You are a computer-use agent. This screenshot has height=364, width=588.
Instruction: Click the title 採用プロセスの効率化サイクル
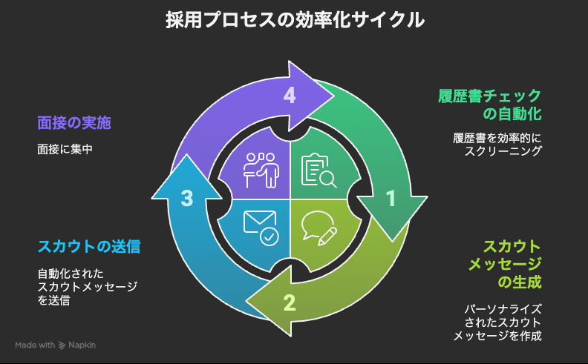click(294, 20)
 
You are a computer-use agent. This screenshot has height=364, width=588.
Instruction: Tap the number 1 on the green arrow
click(391, 198)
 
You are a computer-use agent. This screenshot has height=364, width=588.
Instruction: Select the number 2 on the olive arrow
click(290, 302)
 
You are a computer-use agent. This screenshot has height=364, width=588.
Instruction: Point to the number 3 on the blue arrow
click(187, 198)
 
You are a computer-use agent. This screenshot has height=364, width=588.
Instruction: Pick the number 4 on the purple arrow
click(290, 95)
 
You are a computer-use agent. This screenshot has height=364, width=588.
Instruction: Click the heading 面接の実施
click(79, 122)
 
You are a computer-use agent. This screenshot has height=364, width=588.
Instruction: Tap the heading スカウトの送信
click(89, 245)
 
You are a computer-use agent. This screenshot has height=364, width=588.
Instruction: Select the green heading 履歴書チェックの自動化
click(489, 105)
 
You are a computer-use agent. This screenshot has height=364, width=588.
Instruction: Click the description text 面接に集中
click(69, 149)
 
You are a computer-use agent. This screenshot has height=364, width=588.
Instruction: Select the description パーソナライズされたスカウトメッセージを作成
click(497, 322)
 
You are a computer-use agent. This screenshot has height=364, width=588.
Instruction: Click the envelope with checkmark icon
click(261, 227)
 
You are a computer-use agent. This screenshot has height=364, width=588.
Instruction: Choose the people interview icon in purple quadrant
click(261, 171)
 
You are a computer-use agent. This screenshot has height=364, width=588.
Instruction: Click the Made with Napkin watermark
click(56, 345)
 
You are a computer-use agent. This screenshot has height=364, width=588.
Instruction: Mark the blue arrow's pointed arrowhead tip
click(187, 155)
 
